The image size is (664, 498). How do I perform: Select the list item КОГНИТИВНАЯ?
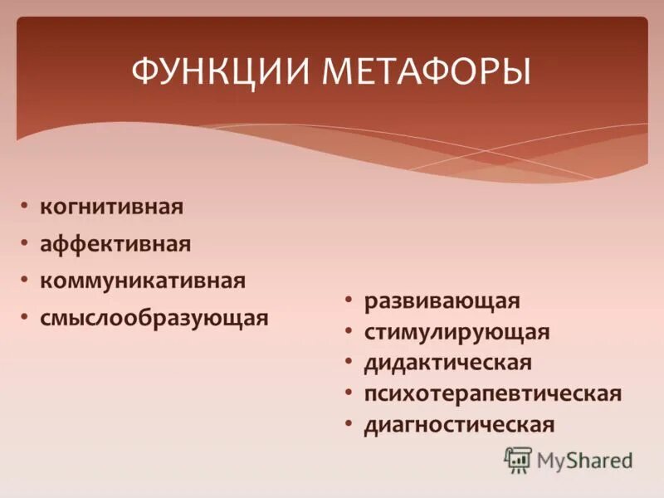pyautogui.click(x=111, y=206)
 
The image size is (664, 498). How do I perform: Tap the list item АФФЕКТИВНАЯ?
pyautogui.click(x=115, y=244)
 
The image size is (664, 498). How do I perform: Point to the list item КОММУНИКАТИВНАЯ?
pyautogui.click(x=143, y=281)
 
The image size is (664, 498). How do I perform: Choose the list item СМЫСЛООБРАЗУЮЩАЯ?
pyautogui.click(x=154, y=319)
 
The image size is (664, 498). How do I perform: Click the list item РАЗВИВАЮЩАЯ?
pyautogui.click(x=441, y=300)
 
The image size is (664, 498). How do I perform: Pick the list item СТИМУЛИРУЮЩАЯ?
pyautogui.click(x=456, y=332)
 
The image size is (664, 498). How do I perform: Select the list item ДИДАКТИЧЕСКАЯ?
pyautogui.click(x=447, y=363)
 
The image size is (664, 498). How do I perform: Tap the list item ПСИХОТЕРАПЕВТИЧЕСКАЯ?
pyautogui.click(x=492, y=393)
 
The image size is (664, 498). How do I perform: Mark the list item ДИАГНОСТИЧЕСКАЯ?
pyautogui.click(x=458, y=425)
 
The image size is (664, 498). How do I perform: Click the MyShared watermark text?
pyautogui.click(x=584, y=459)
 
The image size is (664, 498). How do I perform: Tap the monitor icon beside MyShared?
pyautogui.click(x=518, y=459)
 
